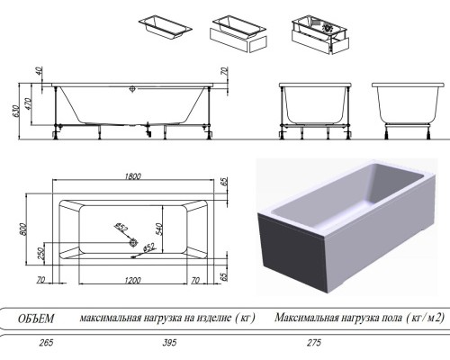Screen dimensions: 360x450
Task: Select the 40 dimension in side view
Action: pyautogui.click(x=40, y=72)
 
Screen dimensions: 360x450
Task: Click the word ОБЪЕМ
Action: pyautogui.click(x=37, y=318)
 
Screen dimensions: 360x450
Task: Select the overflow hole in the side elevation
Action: pyautogui.click(x=132, y=89)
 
